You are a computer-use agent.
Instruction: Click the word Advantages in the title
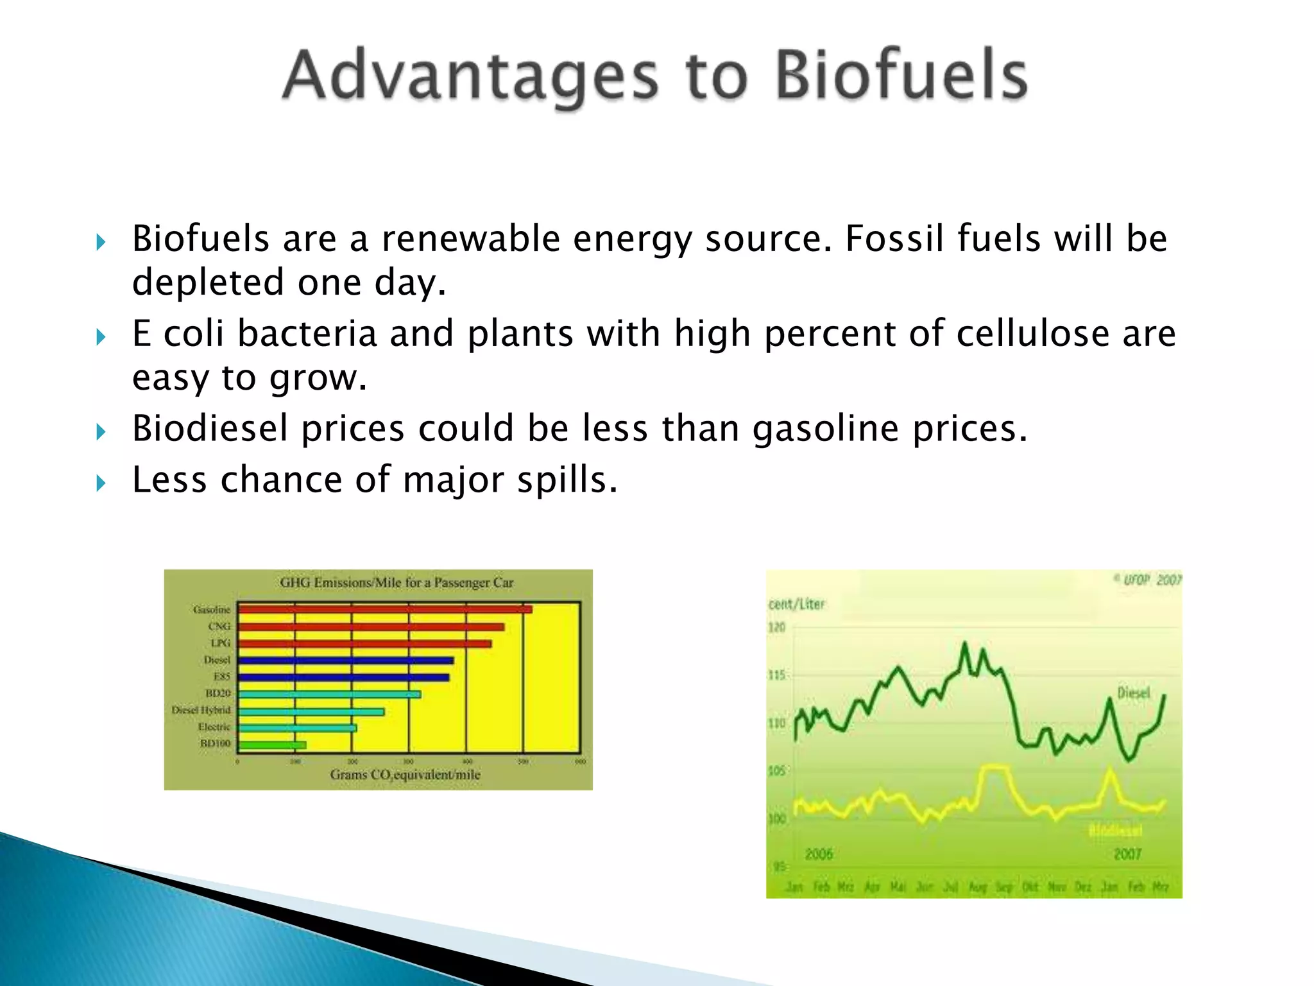point(470,77)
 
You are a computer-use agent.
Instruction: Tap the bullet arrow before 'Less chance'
point(101,483)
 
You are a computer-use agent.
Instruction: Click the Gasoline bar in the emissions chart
point(385,609)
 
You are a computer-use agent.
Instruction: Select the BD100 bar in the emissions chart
point(272,745)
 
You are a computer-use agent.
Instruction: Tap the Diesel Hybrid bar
point(311,711)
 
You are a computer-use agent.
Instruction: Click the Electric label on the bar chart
point(214,727)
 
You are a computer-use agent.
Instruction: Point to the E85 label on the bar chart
point(221,677)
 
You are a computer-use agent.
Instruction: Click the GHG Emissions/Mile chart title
point(397,583)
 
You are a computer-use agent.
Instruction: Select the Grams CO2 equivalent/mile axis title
point(405,775)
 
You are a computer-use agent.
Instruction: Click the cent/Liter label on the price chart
point(796,604)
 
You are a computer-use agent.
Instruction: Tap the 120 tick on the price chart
point(776,627)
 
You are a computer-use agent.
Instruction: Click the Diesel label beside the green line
point(1134,693)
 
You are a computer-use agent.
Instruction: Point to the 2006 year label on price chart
point(819,854)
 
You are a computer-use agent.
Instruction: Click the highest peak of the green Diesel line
point(964,644)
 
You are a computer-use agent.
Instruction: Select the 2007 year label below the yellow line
point(1127,854)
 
